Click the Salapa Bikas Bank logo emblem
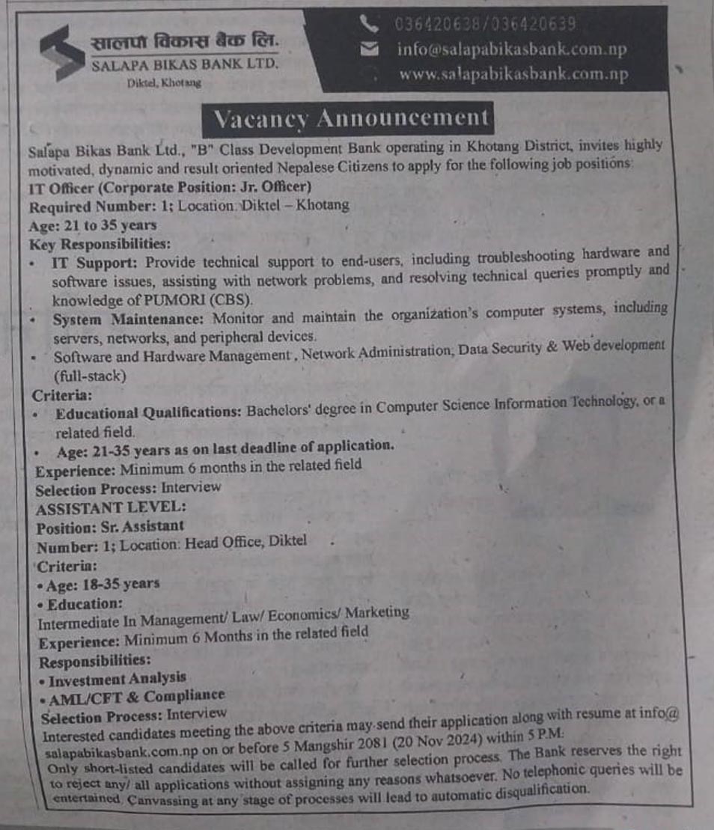pos(62,52)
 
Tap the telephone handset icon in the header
pos(369,24)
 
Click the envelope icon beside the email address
pos(369,50)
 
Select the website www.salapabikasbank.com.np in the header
pos(513,75)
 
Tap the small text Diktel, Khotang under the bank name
pos(165,83)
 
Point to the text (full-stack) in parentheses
pos(89,376)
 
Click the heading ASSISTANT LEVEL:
pos(110,507)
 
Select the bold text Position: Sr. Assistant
pos(109,526)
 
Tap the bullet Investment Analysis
pos(117,679)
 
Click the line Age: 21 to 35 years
pos(93,225)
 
